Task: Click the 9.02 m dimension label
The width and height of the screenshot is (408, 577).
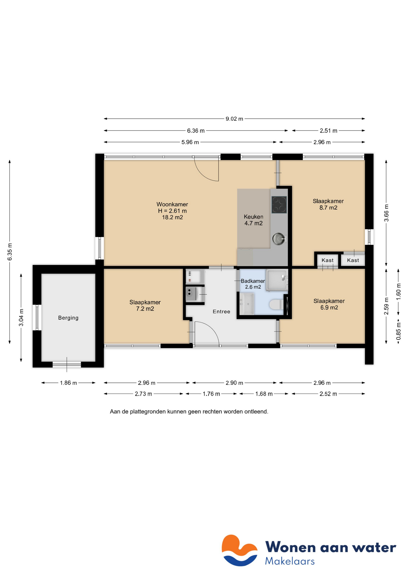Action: coord(234,119)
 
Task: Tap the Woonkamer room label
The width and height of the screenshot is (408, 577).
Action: coord(172,204)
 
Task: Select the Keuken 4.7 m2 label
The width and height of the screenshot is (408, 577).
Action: coord(253,220)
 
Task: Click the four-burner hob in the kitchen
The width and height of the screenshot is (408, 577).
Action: coord(279,205)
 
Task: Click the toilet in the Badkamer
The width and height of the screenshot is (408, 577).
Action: coord(276,304)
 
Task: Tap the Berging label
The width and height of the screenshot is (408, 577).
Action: coord(68,318)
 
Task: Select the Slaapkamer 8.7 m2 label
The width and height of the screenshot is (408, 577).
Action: coord(328,204)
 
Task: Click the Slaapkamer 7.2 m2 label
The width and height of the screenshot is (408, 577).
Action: coord(145,305)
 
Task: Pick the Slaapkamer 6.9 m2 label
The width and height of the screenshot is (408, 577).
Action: coord(329,304)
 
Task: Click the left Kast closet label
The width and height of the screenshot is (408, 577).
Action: coord(327,260)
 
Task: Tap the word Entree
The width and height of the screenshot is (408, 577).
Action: coord(221,312)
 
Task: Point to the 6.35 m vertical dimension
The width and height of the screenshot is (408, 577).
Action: coord(10,252)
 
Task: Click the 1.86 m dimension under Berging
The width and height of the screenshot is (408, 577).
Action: coord(68,383)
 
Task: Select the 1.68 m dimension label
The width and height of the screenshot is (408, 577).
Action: coord(264,394)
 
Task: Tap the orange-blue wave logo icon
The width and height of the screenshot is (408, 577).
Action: coord(239,550)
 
